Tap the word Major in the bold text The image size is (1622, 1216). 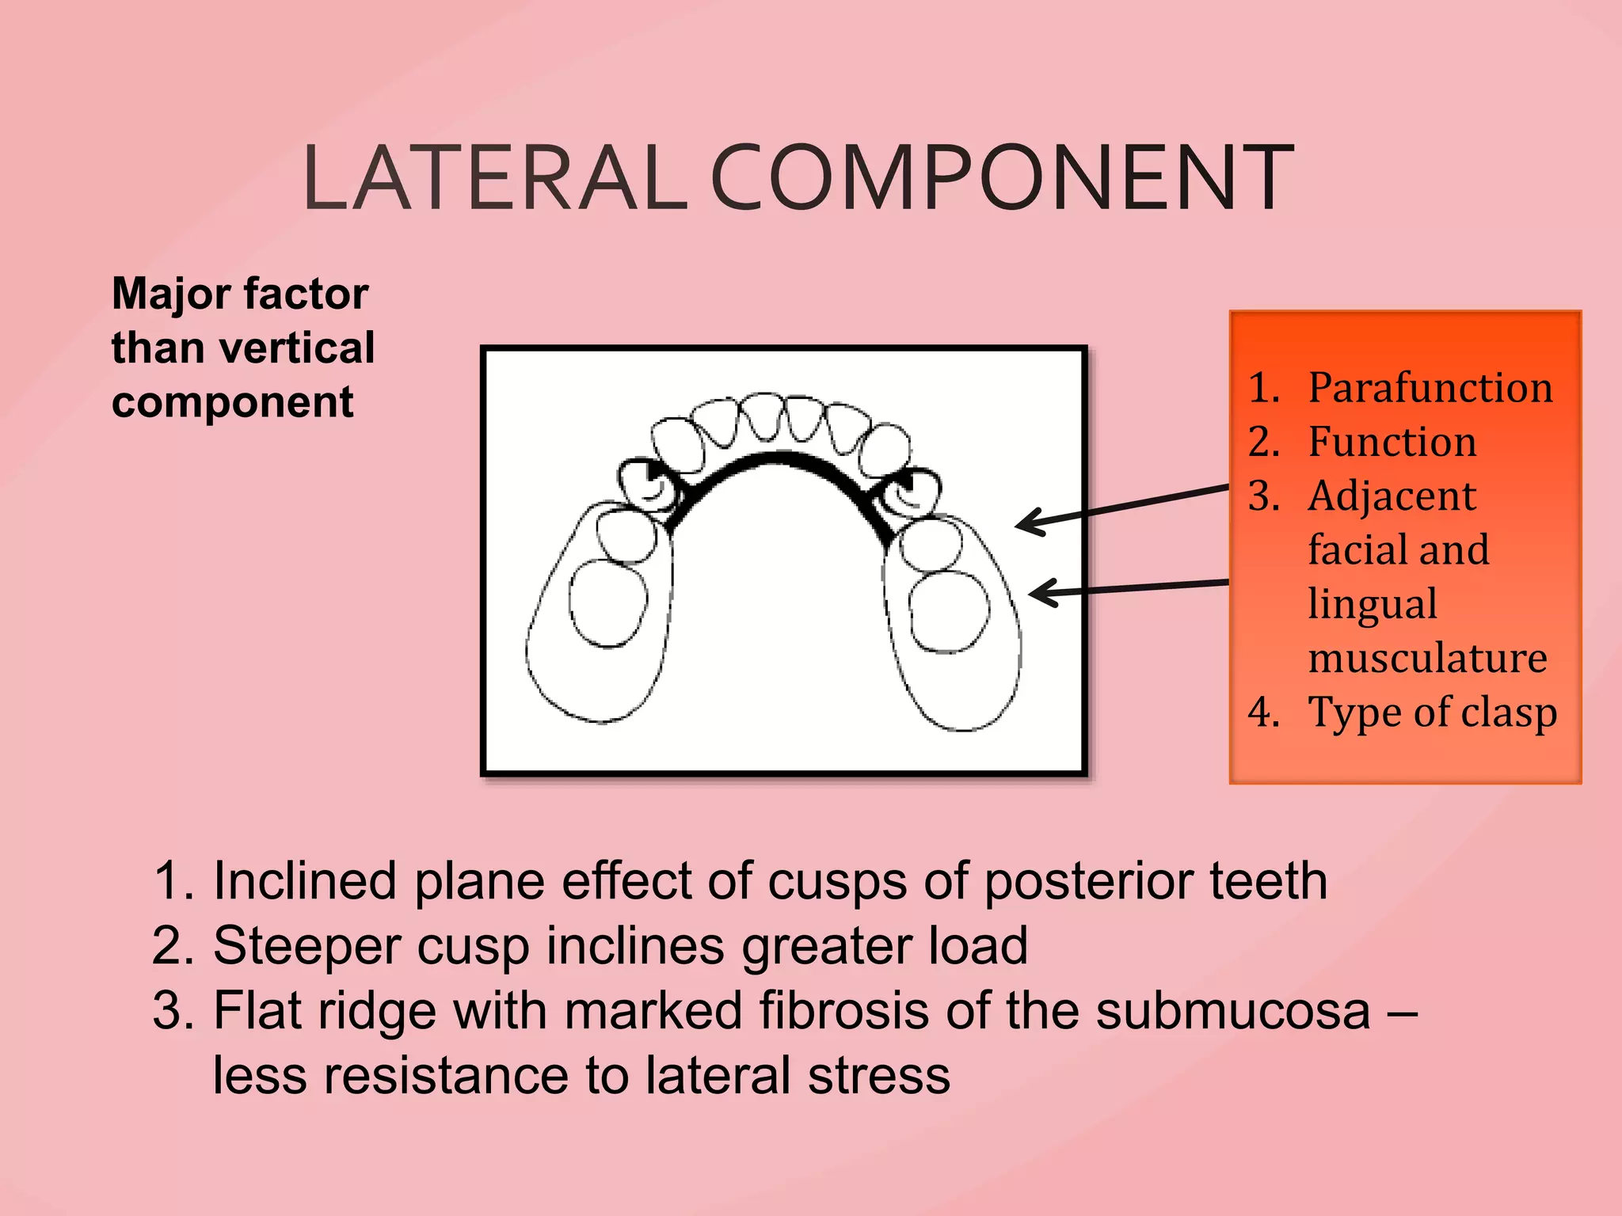(x=166, y=294)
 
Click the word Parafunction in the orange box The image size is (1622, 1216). (x=1430, y=388)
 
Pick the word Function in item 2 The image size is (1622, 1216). (x=1392, y=442)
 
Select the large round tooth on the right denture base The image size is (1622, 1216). (x=949, y=612)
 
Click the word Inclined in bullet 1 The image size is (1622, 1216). (x=305, y=881)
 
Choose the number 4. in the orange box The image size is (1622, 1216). (x=1264, y=712)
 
